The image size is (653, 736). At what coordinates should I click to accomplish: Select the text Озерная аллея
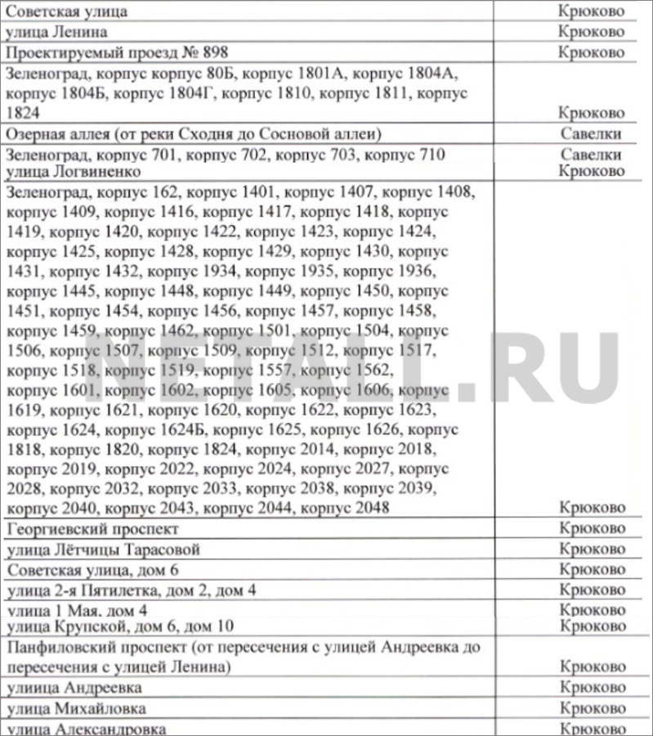[54, 133]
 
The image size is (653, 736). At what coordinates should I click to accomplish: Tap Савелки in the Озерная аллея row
[591, 133]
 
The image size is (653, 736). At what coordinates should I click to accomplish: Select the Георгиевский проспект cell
[92, 528]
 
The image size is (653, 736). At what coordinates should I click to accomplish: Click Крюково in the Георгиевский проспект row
[591, 528]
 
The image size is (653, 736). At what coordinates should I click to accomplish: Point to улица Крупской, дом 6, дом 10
[120, 626]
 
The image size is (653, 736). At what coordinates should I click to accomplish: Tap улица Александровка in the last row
[86, 729]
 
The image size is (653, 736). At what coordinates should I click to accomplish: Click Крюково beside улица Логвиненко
[591, 172]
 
